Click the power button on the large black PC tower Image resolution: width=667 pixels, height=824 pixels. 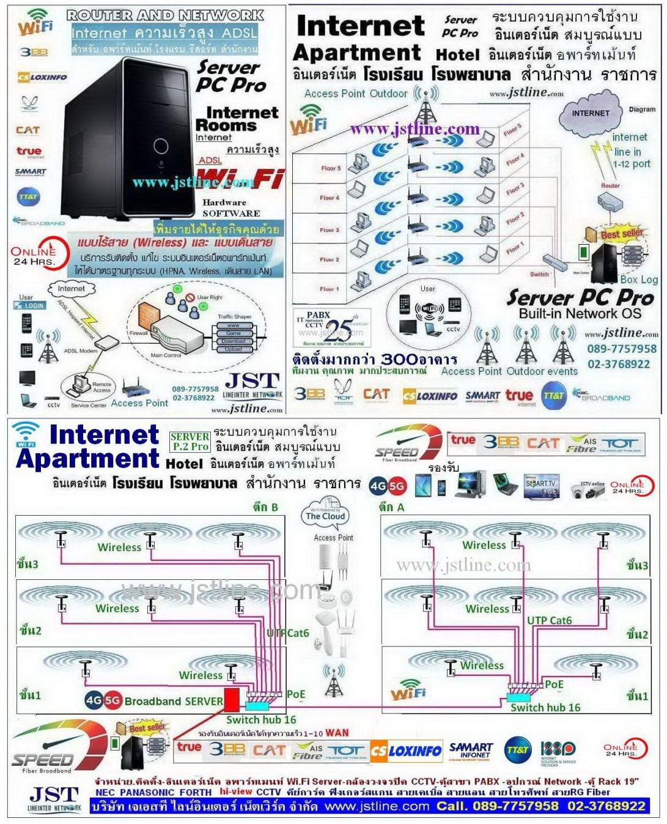click(161, 146)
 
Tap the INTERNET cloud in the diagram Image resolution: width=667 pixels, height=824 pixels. click(590, 114)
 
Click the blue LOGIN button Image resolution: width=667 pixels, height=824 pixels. click(34, 305)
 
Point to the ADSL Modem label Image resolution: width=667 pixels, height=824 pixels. click(80, 351)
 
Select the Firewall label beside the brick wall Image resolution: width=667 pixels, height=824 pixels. click(138, 333)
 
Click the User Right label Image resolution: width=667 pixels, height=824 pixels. click(210, 297)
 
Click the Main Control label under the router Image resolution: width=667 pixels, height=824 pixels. click(166, 355)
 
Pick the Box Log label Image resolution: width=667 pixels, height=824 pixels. click(639, 280)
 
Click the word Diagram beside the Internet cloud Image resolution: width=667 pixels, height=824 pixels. click(642, 109)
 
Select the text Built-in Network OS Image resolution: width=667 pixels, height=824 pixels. click(580, 314)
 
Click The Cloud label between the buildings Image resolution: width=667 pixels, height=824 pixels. click(325, 516)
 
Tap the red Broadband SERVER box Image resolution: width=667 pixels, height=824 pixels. click(232, 699)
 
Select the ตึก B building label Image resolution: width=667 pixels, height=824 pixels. click(265, 507)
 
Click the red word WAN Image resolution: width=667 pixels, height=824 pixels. click(337, 732)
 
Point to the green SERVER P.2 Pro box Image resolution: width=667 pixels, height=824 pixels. click(190, 441)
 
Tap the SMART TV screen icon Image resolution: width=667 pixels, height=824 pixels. click(540, 484)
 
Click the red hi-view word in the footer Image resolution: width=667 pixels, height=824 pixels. click(235, 792)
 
